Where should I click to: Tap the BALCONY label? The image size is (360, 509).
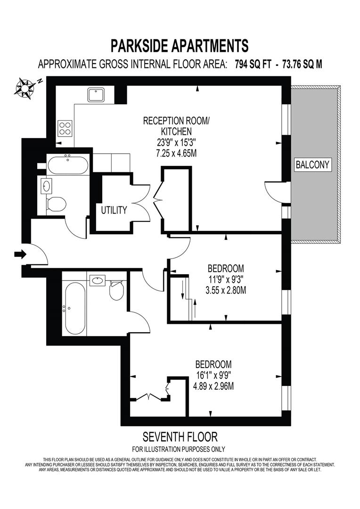click(312, 164)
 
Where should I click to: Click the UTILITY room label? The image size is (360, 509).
click(114, 210)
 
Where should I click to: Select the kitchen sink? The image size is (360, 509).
click(96, 95)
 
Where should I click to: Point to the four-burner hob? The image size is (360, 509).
click(65, 128)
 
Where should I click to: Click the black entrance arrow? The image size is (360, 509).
click(20, 254)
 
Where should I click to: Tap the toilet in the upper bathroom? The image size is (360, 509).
click(56, 204)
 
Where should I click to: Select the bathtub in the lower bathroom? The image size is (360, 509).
click(74, 308)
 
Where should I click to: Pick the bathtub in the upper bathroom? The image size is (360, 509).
click(67, 165)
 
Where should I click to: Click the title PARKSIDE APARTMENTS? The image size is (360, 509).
click(180, 46)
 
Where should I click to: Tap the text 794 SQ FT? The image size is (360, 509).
click(253, 64)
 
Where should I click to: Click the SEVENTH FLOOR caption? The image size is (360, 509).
click(180, 437)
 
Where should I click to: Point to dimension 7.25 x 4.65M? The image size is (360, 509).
click(176, 153)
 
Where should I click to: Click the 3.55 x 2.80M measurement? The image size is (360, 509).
click(226, 290)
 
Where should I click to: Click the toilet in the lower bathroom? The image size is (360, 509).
click(116, 290)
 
